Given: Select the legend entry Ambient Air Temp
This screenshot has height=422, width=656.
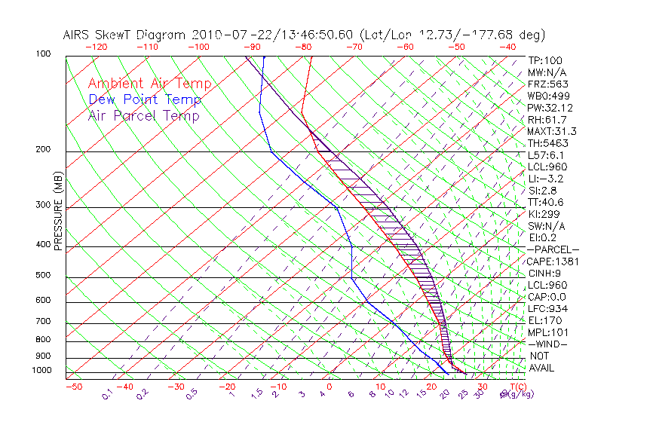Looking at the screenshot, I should pos(150,84).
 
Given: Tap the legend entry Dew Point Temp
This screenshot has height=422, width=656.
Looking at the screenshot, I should pos(145,99).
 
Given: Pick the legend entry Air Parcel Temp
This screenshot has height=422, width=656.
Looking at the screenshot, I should pos(144,115).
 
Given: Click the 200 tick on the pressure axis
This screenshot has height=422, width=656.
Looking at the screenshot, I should pos(42,149).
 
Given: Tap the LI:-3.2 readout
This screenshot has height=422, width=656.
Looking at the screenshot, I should pos(545,179).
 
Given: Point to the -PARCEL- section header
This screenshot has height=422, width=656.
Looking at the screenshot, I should pos(553,249).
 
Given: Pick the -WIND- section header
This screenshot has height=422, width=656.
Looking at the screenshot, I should pos(547,344).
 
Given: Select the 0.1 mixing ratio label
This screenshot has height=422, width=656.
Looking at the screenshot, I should pos(107,393).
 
